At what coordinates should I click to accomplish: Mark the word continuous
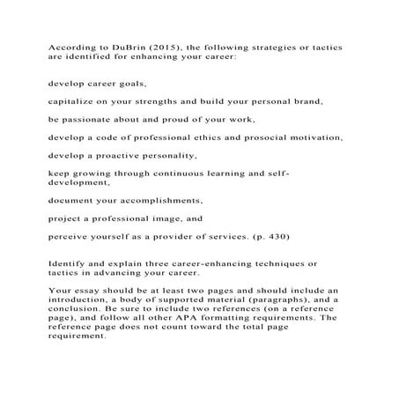point(204,174)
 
